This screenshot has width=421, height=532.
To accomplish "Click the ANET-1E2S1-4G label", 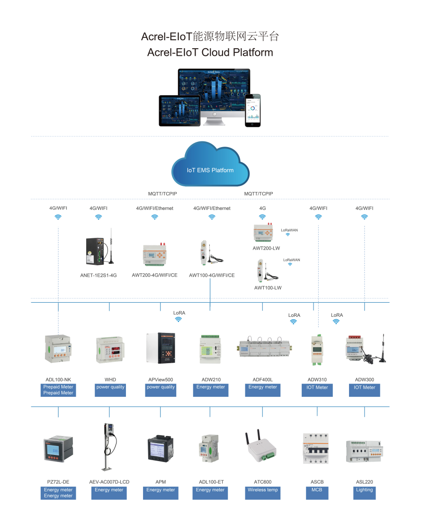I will click(99, 275).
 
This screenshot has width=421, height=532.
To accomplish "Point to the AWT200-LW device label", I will click(266, 248).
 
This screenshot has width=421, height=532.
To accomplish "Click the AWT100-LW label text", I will click(268, 288).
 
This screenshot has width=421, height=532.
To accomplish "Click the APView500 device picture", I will click(161, 348).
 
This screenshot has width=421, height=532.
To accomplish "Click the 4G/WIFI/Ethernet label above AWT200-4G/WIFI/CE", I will click(154, 208).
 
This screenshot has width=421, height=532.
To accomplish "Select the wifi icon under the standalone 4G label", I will click(262, 217).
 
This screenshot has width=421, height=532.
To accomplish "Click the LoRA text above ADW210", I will click(179, 313).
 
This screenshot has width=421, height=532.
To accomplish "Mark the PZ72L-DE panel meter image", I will click(58, 449).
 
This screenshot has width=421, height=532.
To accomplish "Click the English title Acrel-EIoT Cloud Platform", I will click(210, 52).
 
